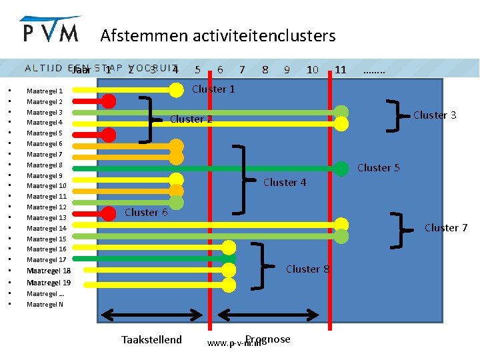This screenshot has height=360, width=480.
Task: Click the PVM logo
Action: pyautogui.click(x=51, y=30)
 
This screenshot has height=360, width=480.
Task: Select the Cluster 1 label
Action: pyautogui.click(x=213, y=89)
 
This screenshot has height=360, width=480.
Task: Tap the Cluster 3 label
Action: pyautogui.click(x=435, y=115)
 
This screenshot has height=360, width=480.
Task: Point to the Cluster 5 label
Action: pyautogui.click(x=379, y=168)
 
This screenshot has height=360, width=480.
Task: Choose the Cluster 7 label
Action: pyautogui.click(x=446, y=228)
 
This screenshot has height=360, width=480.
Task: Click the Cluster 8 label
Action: pyautogui.click(x=307, y=269)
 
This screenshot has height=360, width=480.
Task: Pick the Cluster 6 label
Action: pyautogui.click(x=146, y=213)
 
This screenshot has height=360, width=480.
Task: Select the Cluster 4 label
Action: pyautogui.click(x=285, y=183)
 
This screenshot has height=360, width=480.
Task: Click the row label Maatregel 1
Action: pyautogui.click(x=45, y=91)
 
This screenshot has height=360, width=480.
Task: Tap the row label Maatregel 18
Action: pyautogui.click(x=49, y=271)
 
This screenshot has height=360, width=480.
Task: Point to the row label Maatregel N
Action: pyautogui.click(x=45, y=305)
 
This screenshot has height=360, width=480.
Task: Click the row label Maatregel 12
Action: pyautogui.click(x=47, y=207)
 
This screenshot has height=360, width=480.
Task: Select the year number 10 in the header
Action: pyautogui.click(x=312, y=69)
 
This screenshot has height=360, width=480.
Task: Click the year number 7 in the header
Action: pyautogui.click(x=242, y=69)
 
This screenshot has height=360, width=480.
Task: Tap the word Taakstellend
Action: pyautogui.click(x=151, y=340)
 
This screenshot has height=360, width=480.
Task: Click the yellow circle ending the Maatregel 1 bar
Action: pyautogui.click(x=176, y=89)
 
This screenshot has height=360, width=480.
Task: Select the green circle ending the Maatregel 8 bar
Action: pyautogui.click(x=341, y=169)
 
